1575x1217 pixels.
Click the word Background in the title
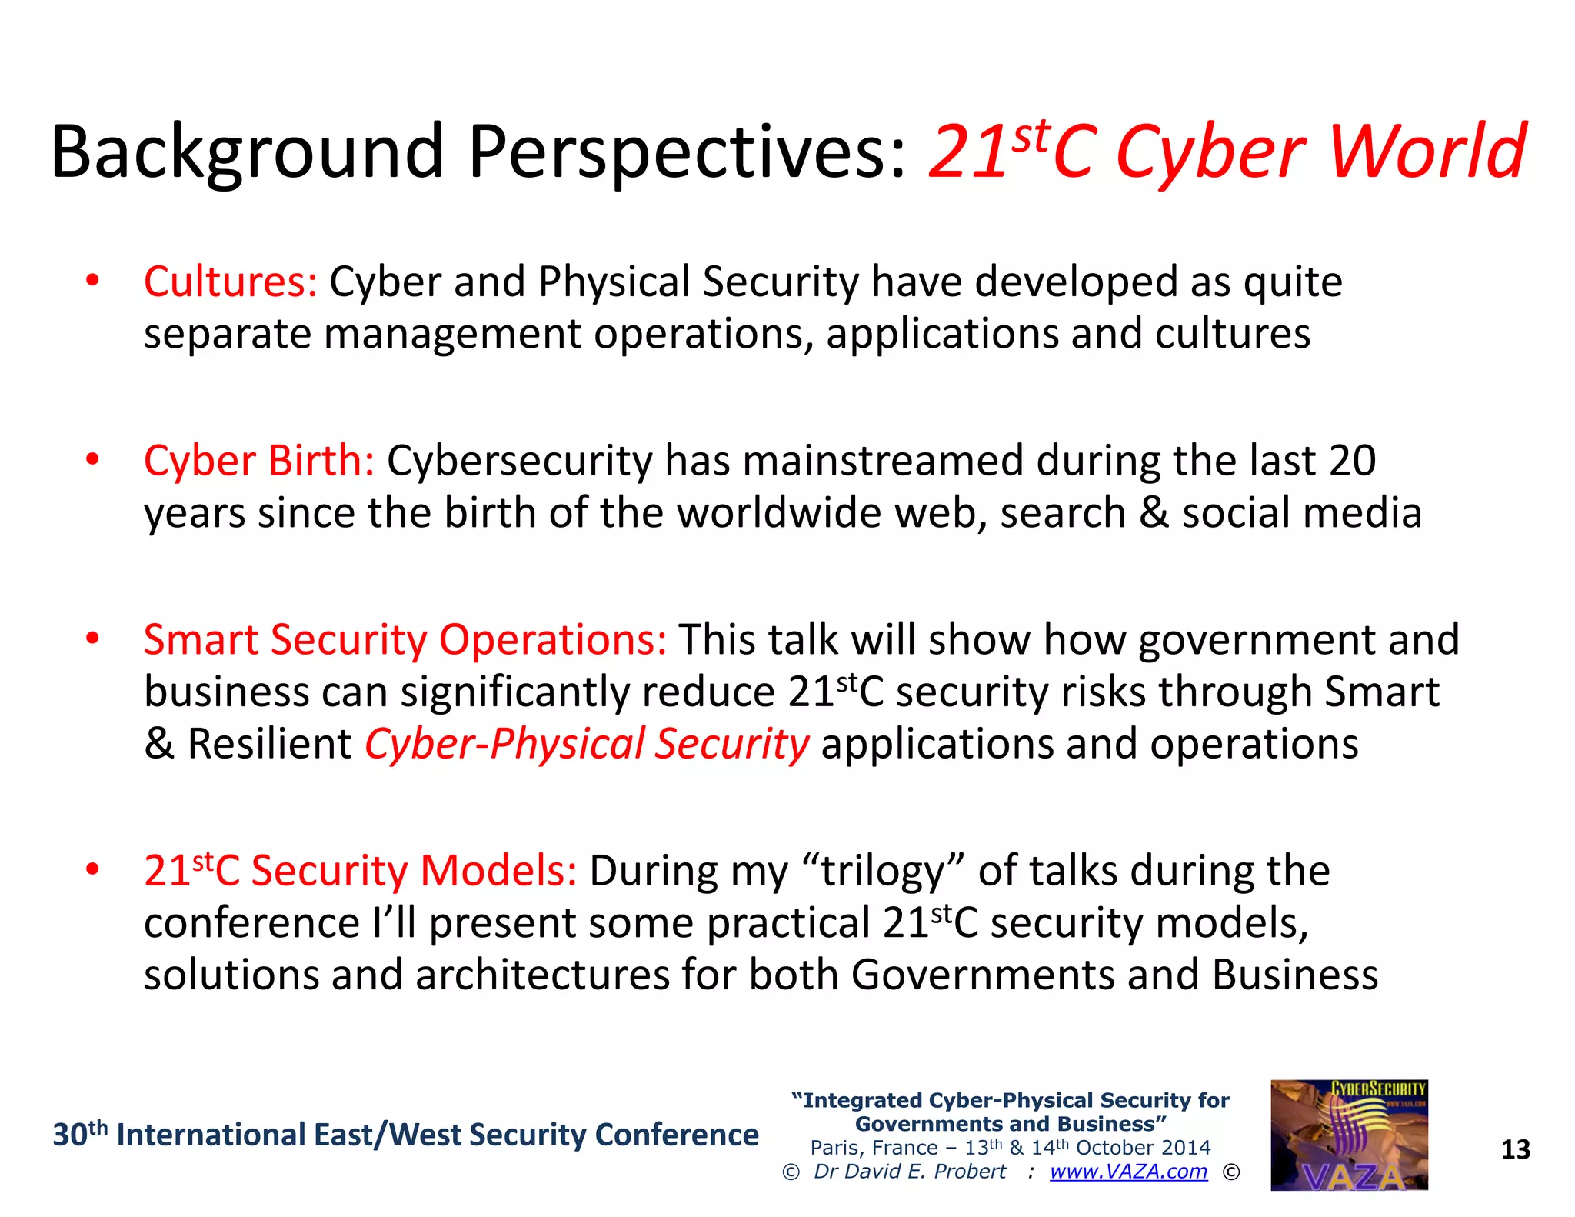(x=246, y=152)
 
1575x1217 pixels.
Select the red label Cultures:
(x=230, y=282)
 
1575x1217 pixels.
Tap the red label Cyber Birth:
(x=259, y=461)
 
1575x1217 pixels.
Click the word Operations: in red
(x=552, y=639)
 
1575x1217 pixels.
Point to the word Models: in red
(x=498, y=871)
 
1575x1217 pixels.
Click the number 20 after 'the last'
(x=1352, y=461)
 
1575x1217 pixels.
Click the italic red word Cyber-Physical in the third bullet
(x=504, y=744)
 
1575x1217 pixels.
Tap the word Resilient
(x=269, y=744)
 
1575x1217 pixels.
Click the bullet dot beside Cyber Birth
(x=92, y=460)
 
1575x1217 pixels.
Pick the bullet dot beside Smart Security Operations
(x=92, y=639)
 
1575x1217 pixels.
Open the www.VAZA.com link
(x=1128, y=1171)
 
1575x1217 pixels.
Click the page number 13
(x=1515, y=1149)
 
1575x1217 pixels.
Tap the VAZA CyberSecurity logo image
(x=1349, y=1135)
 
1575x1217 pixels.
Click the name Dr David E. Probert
(x=910, y=1171)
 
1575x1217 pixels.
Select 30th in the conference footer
(x=79, y=1135)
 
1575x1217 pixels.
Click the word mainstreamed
(x=883, y=461)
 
